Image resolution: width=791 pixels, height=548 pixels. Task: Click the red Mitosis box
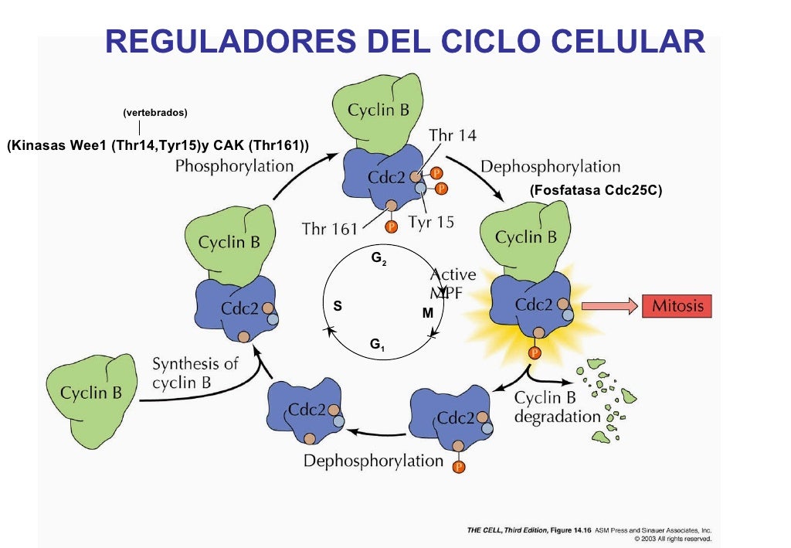tap(677, 306)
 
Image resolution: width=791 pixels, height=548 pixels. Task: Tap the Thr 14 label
tap(452, 135)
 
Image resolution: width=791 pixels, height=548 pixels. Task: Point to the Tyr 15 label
tap(431, 223)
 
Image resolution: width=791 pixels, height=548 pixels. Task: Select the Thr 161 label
tap(330, 228)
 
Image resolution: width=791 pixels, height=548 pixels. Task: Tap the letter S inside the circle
tap(337, 306)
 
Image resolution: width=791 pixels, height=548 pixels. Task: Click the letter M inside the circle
tap(427, 313)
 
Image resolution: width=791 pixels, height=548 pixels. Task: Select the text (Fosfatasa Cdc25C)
tap(596, 189)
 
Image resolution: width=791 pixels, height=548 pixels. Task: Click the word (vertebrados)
tap(155, 113)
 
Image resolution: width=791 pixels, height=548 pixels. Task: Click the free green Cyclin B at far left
tap(91, 391)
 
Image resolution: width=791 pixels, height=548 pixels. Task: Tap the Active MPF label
tap(453, 283)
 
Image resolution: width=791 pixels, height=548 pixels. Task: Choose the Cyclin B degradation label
tap(556, 407)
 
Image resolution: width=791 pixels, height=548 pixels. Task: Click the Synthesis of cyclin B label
tap(195, 373)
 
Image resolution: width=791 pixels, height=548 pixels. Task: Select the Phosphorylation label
tap(234, 165)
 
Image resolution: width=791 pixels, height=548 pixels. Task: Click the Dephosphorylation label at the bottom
tap(373, 461)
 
